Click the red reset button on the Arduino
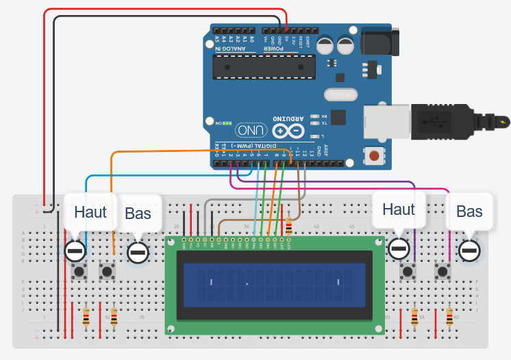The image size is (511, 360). click(x=374, y=156)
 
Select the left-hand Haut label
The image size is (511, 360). click(x=90, y=211)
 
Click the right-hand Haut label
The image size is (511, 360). click(x=399, y=209)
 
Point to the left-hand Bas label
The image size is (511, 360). click(x=138, y=214)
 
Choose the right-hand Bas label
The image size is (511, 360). click(x=469, y=211)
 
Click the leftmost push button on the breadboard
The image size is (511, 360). click(x=79, y=272)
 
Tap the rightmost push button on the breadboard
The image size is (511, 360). click(x=443, y=272)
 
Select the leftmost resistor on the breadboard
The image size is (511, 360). click(x=86, y=317)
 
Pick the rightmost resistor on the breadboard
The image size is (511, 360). click(x=449, y=317)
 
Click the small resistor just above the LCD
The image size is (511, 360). click(x=288, y=225)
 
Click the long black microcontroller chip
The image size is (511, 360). click(x=264, y=66)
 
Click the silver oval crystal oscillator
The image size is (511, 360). click(x=340, y=96)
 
